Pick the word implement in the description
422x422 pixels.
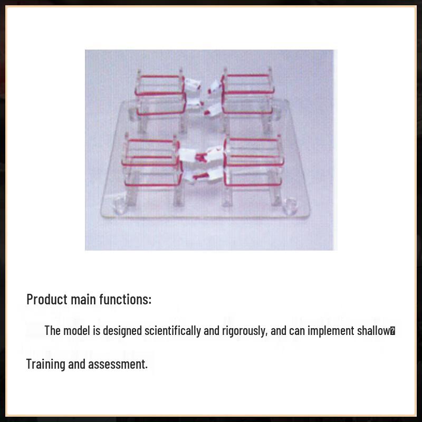point(328,331)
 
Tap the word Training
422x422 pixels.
point(45,364)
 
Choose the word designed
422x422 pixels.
point(123,331)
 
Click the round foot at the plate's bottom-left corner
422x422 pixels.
point(120,204)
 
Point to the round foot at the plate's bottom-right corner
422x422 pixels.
point(290,204)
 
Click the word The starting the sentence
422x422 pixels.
point(52,331)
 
